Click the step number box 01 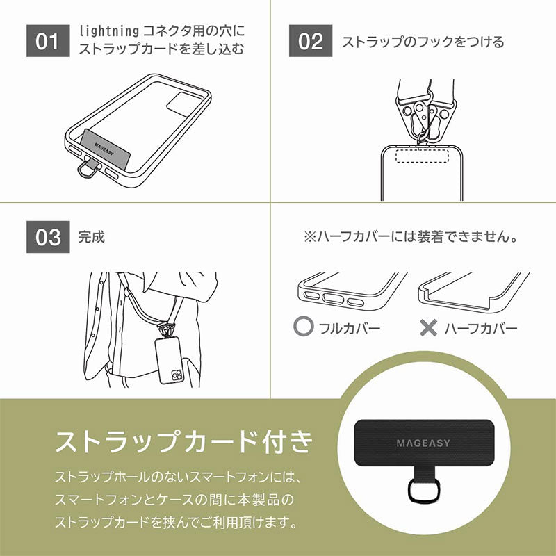[48, 41]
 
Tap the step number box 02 [311, 41]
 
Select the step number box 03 [48, 237]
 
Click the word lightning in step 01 [109, 31]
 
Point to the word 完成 [92, 237]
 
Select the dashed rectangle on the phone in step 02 [422, 156]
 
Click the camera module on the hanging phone [177, 375]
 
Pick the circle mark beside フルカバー [303, 326]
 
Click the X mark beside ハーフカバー [428, 327]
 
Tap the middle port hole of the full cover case [333, 299]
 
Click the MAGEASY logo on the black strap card [423, 443]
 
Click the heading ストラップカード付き [184, 442]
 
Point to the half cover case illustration [474, 292]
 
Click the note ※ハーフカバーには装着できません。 [411, 237]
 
